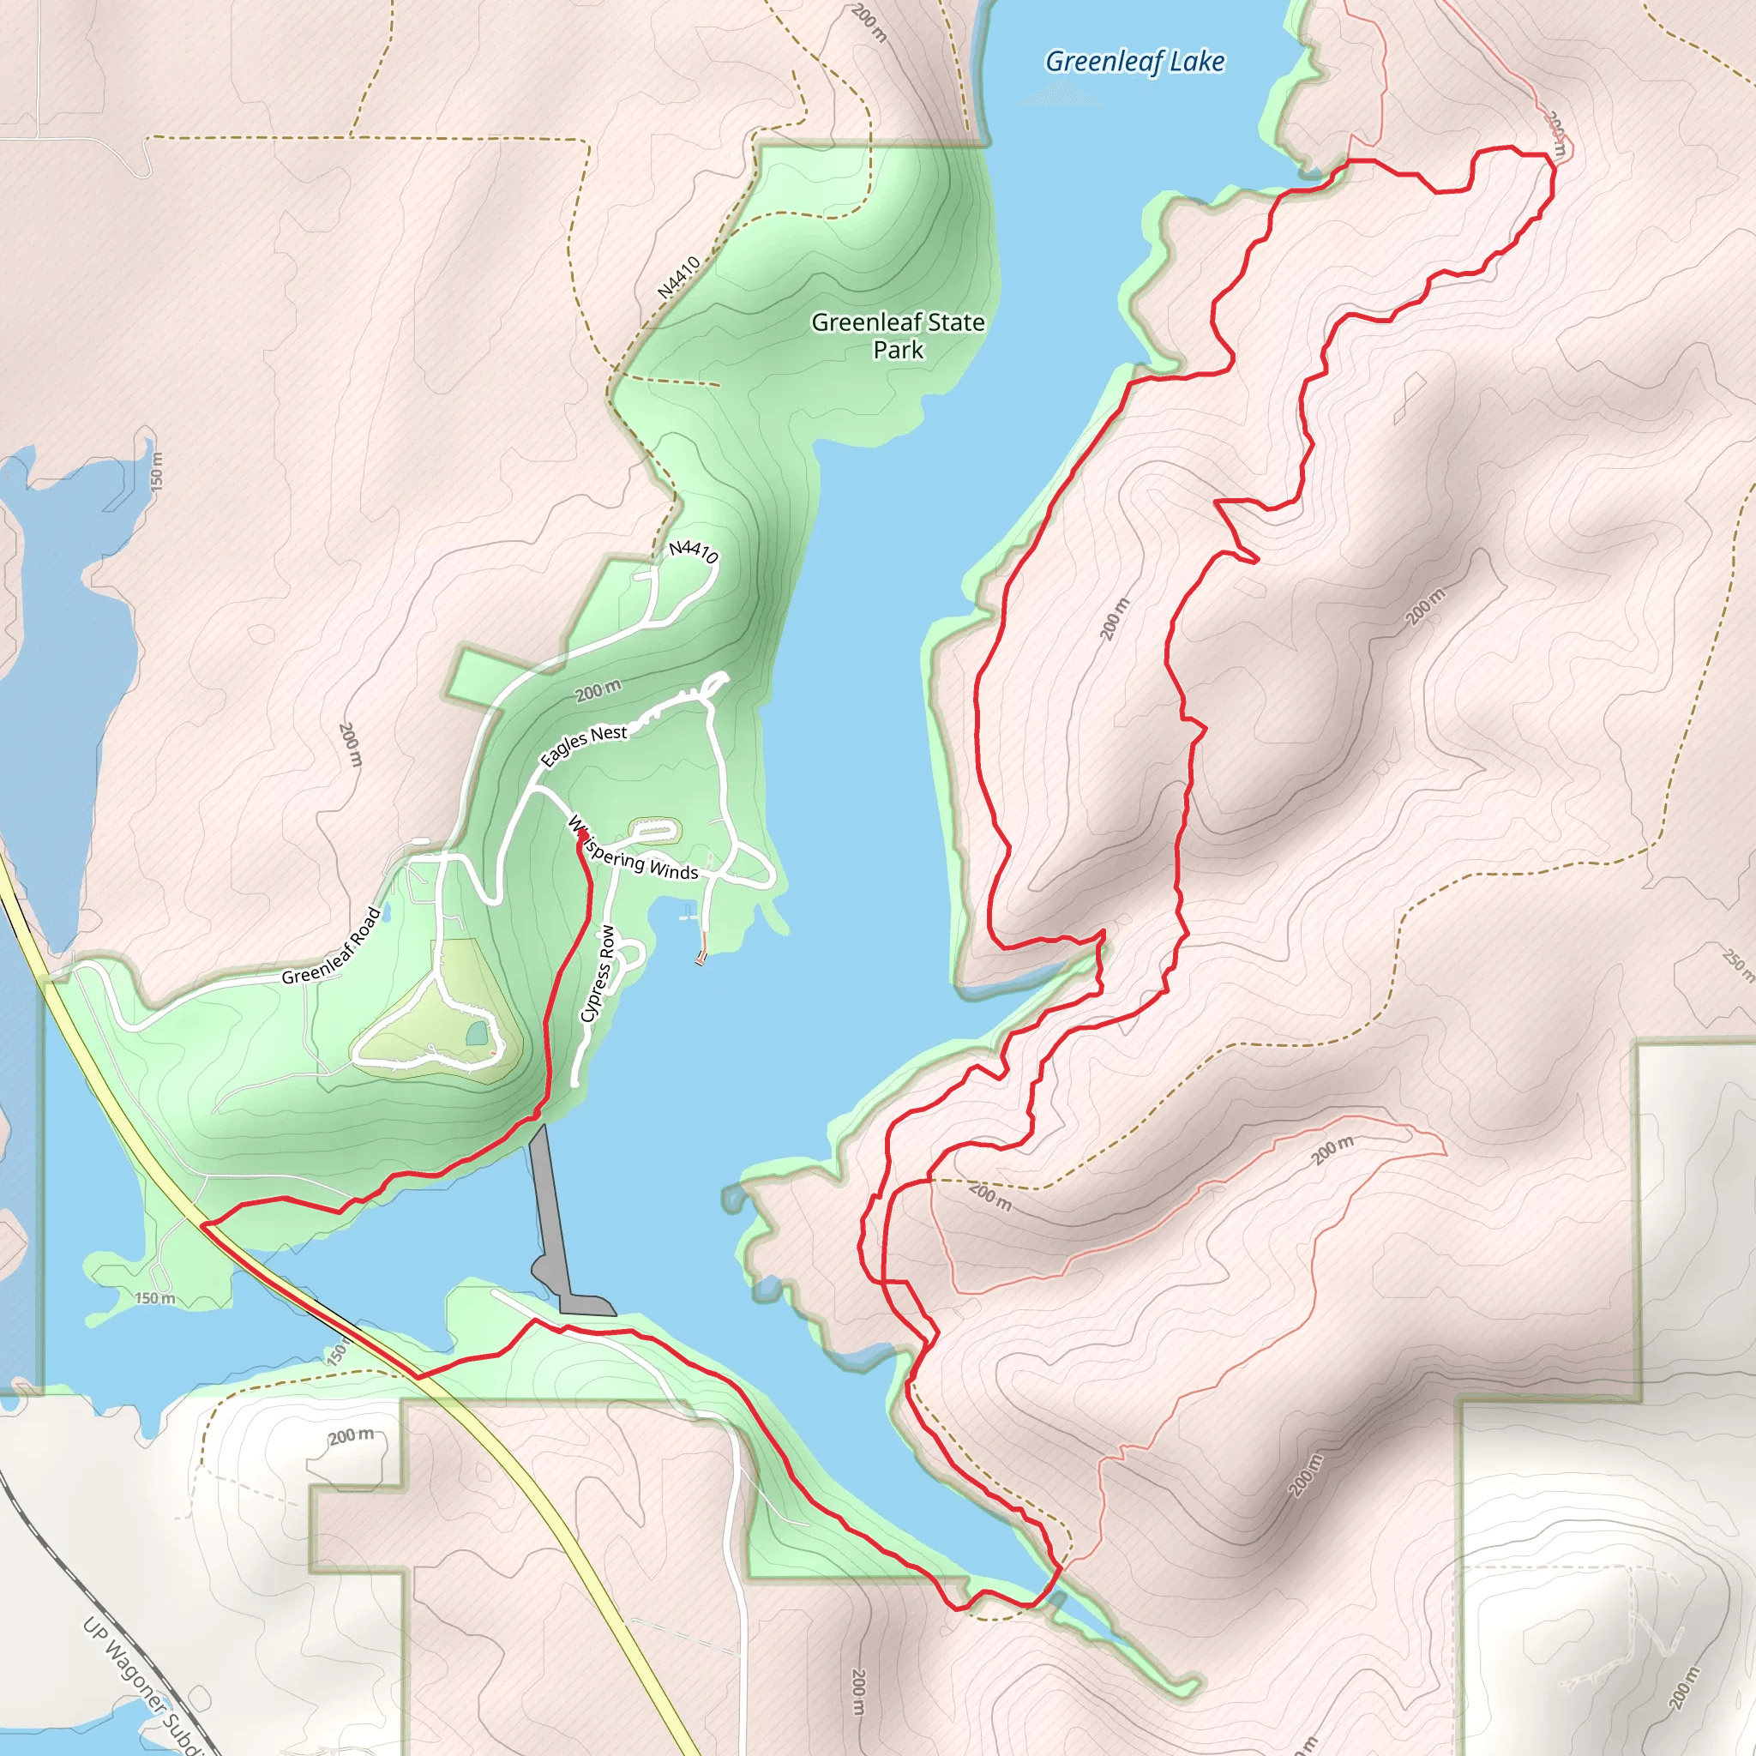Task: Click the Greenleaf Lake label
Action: click(1134, 62)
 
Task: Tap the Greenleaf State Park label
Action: click(897, 335)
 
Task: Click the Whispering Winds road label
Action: click(634, 851)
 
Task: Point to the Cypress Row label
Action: click(597, 973)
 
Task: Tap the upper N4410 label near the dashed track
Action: click(679, 277)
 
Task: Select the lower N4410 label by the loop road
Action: click(694, 550)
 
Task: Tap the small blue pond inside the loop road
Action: click(476, 1033)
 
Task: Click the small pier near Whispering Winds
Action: click(701, 956)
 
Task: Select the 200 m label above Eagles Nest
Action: click(598, 691)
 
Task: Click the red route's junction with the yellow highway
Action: click(201, 1225)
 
